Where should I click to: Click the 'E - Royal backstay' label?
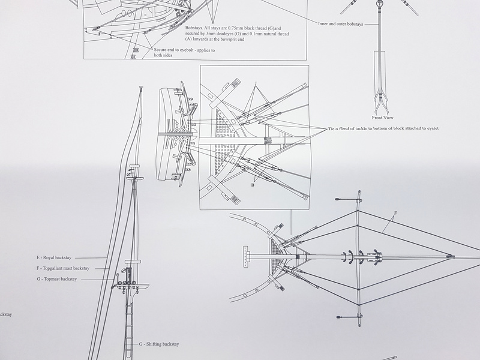point(54,258)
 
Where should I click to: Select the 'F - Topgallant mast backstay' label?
point(63,268)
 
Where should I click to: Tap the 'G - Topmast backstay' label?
point(57,279)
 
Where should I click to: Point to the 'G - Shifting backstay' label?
point(159,344)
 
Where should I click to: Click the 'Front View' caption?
point(383,118)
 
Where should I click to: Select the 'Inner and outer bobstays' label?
point(340,24)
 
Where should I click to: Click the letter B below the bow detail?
point(253,185)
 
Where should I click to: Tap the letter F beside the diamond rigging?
point(395,213)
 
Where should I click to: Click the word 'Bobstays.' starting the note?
point(194,28)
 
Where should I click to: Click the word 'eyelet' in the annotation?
point(433,128)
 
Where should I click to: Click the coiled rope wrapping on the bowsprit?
point(268,141)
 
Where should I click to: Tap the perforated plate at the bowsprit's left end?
point(246,257)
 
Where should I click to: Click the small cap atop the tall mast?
point(141,87)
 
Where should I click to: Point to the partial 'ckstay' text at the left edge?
point(6,314)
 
